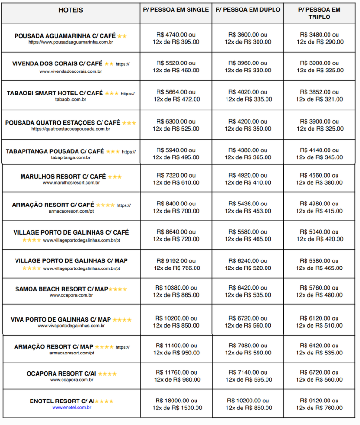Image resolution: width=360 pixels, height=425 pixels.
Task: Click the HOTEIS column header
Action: [71, 10]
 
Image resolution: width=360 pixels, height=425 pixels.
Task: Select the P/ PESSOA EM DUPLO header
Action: [248, 9]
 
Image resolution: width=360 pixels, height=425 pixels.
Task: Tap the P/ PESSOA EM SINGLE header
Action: [176, 9]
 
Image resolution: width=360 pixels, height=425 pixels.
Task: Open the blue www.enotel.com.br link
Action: [71, 407]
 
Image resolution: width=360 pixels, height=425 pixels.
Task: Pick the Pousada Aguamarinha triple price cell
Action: [320, 38]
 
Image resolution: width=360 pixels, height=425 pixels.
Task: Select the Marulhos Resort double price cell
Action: [248, 179]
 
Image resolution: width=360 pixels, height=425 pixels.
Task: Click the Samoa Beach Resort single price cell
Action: [176, 291]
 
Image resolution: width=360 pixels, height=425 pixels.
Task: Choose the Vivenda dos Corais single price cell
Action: [176, 66]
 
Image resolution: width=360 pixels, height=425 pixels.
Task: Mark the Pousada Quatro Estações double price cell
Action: [248, 125]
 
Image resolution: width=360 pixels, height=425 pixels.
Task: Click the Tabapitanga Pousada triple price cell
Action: [320, 154]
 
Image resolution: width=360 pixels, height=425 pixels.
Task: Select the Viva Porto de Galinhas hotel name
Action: [61, 320]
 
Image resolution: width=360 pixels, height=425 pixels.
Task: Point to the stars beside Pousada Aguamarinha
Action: [122, 36]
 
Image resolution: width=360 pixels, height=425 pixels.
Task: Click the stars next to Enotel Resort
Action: [104, 401]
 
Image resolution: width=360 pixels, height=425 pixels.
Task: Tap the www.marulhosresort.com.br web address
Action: [71, 183]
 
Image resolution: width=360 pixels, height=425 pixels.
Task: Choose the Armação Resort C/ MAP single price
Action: [176, 349]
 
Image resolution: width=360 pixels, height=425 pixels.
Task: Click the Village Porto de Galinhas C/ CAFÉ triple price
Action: [320, 235]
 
